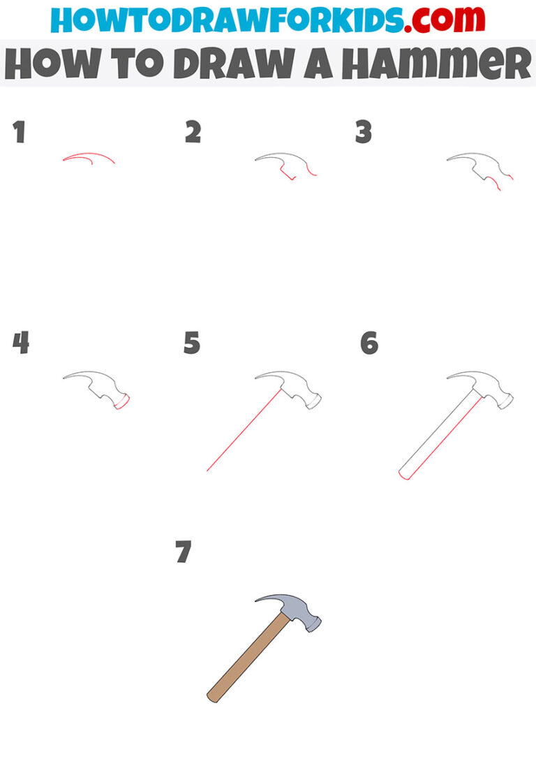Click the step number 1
[19, 132]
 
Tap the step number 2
[193, 132]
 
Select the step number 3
[363, 132]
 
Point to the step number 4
[21, 343]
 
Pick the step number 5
[192, 343]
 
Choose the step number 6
[369, 343]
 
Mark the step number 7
[183, 552]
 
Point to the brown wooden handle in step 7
[248, 656]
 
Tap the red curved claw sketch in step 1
[88, 156]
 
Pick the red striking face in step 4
[124, 402]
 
